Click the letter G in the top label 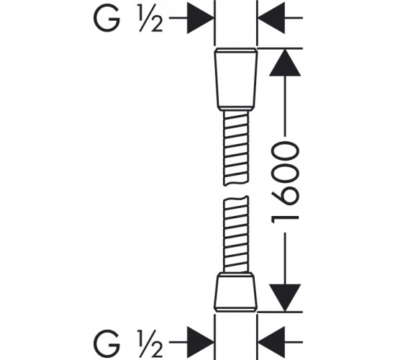(107, 19)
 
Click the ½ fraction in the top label (150, 19)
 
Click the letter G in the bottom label (107, 343)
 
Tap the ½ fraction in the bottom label (150, 343)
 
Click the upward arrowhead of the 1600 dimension (285, 63)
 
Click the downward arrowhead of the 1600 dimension (285, 297)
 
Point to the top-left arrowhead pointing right (201, 18)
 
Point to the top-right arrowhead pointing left (271, 18)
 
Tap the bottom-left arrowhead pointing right (201, 342)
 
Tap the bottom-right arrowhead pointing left (271, 342)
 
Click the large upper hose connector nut (236, 79)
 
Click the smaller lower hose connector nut (236, 292)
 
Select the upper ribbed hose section (236, 148)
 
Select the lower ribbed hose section (236, 234)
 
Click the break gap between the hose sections (236, 191)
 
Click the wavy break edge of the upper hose (236, 184)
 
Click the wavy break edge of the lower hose (236, 198)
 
